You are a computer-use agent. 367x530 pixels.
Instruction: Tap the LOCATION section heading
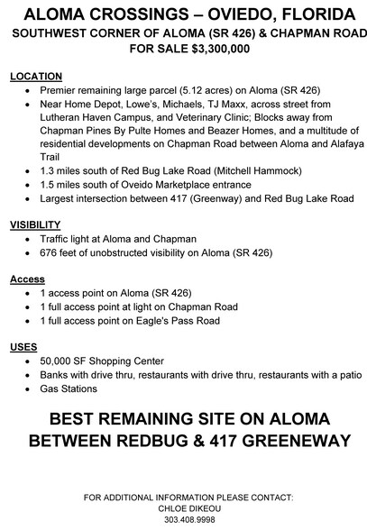tap(36, 77)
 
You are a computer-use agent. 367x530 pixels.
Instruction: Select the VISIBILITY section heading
tap(35, 224)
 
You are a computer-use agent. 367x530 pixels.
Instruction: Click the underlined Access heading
tap(27, 279)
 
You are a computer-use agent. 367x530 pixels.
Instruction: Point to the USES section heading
tap(23, 347)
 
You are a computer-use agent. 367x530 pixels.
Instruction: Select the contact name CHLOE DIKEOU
tap(182, 507)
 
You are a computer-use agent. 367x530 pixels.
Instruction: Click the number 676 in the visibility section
tap(50, 252)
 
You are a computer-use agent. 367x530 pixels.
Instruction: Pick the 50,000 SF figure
tap(65, 361)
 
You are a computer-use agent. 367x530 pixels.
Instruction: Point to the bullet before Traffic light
tap(31, 239)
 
